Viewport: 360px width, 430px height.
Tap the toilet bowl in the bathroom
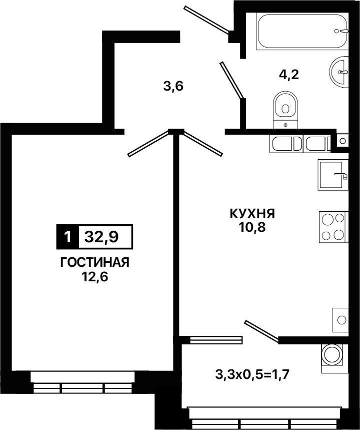coord(285,110)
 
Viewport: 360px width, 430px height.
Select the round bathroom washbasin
coord(339,72)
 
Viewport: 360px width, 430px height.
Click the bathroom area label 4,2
coord(289,75)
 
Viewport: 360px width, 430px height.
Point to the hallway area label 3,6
coord(173,87)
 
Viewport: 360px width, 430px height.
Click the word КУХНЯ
coord(252,214)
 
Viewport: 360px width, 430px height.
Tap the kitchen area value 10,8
coord(252,227)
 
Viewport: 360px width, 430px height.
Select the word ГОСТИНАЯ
coord(94,262)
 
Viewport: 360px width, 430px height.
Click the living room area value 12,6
coord(94,277)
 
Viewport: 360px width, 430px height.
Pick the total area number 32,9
coord(101,236)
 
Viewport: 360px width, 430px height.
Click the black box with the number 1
coord(67,237)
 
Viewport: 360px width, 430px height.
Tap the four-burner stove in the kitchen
coord(333,227)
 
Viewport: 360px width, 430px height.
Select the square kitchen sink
coord(333,175)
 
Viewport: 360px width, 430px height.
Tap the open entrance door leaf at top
coord(206,20)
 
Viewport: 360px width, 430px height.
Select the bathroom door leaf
coord(232,80)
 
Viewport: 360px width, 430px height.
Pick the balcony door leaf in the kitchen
coord(262,332)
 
